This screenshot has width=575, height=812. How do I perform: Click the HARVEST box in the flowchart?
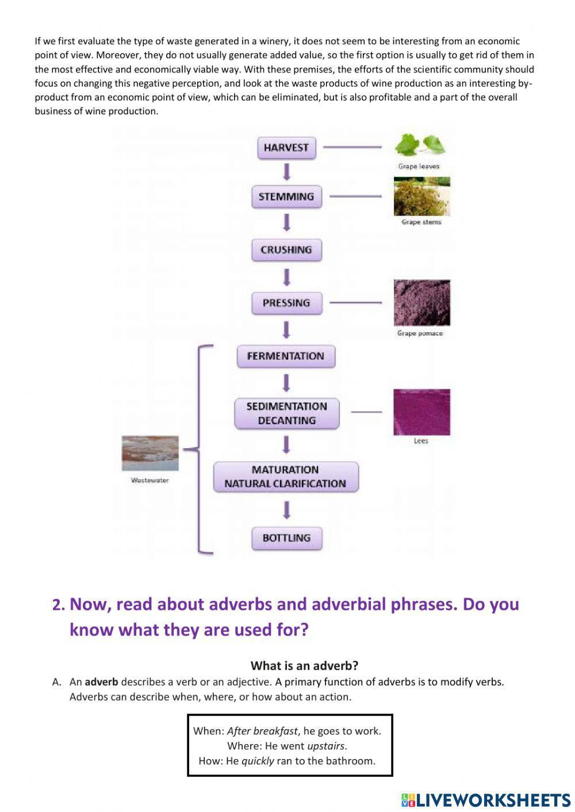(286, 148)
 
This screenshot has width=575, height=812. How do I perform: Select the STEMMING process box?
(286, 197)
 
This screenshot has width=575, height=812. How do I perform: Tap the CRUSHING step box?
(286, 250)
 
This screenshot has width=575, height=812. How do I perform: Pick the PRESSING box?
(286, 303)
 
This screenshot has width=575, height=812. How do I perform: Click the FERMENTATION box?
(286, 356)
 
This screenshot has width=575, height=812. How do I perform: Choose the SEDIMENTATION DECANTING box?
(286, 413)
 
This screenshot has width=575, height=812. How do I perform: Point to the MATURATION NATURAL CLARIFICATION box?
(285, 477)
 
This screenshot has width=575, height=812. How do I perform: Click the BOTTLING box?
(286, 538)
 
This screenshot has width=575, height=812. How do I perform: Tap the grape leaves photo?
(420, 146)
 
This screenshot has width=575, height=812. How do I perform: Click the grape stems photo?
(421, 196)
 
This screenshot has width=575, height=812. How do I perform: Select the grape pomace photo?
(421, 303)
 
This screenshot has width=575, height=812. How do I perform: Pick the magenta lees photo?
(421, 412)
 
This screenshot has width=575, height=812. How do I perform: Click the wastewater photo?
(150, 453)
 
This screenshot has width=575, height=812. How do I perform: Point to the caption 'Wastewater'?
(150, 480)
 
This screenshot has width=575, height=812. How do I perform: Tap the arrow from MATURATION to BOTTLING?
(286, 510)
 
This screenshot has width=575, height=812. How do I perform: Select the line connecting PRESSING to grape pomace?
(355, 302)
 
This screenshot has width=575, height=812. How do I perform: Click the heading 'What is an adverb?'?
(304, 665)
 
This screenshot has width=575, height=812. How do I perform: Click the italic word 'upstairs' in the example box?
(326, 746)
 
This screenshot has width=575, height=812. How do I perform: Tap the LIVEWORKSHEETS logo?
(486, 799)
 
